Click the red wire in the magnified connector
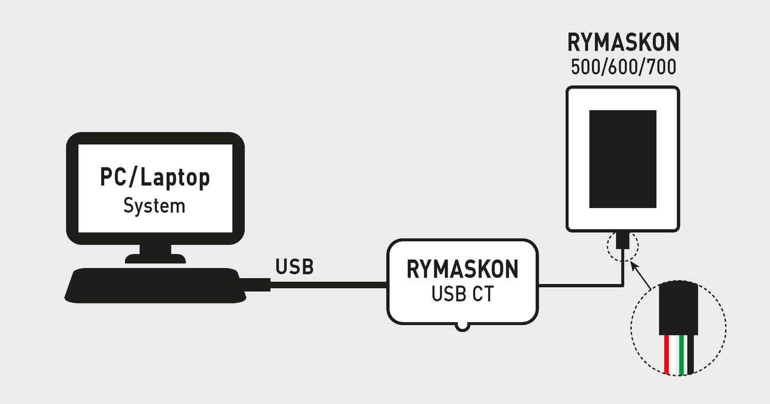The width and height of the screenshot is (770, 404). [x=667, y=355]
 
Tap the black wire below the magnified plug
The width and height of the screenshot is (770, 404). [x=690, y=355]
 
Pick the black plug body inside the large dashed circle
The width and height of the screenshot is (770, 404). [x=678, y=310]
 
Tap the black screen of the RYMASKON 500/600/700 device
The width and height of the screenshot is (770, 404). [x=622, y=159]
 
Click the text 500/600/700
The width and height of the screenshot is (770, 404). [x=623, y=68]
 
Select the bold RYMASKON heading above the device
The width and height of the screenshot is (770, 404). [x=623, y=43]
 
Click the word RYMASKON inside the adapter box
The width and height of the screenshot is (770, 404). [x=462, y=270]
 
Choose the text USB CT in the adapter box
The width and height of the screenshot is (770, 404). [x=462, y=294]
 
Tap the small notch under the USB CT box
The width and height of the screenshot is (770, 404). [x=462, y=326]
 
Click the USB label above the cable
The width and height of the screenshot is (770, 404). [x=294, y=267]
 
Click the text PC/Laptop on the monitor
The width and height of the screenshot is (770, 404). [x=155, y=178]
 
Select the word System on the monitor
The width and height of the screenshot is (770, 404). [x=155, y=205]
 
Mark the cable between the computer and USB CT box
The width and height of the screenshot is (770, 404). [x=328, y=285]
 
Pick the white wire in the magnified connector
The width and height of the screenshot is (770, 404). [x=674, y=355]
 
